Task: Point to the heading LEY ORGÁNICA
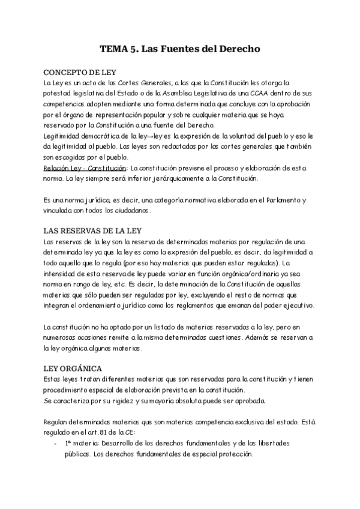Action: pyautogui.click(x=71, y=367)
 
